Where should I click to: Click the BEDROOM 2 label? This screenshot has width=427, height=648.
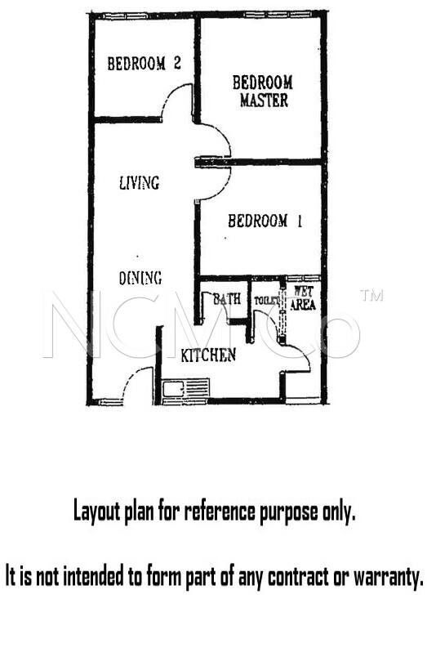click(x=145, y=63)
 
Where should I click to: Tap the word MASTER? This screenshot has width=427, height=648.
click(x=264, y=101)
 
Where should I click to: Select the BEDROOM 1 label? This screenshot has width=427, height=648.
click(x=265, y=221)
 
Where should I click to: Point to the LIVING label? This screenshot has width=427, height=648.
click(x=139, y=183)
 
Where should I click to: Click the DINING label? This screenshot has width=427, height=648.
click(x=140, y=278)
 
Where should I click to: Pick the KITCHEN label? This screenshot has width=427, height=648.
click(x=208, y=355)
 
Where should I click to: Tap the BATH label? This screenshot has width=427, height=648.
click(x=227, y=298)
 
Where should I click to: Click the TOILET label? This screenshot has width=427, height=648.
click(x=266, y=301)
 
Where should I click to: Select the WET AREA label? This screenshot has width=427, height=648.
click(x=304, y=298)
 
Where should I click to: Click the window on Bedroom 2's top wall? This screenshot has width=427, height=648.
click(x=125, y=16)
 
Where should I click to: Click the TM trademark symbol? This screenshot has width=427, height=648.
click(x=371, y=295)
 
